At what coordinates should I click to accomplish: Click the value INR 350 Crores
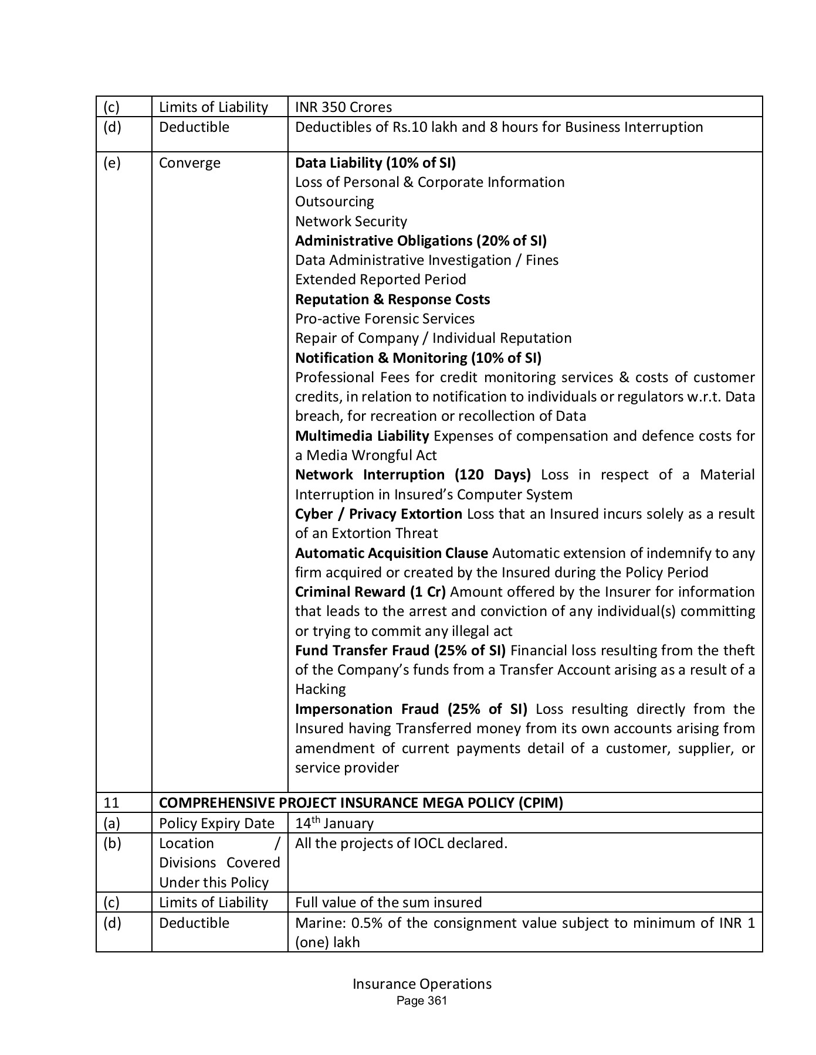point(343,107)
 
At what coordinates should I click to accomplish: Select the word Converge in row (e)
point(189,163)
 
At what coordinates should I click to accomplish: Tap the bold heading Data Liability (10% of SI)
point(375,162)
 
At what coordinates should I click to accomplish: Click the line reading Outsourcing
point(334,202)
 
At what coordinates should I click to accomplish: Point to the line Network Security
point(351,222)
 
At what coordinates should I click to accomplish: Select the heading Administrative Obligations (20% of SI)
point(421,241)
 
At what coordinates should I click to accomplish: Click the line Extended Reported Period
point(380,280)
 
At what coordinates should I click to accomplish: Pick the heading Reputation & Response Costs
point(392,300)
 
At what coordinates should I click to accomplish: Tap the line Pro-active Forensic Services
point(385,319)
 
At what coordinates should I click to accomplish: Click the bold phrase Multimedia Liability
point(362,436)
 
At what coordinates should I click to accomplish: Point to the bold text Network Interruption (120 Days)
point(412,475)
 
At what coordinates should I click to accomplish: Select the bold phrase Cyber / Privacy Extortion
point(378,514)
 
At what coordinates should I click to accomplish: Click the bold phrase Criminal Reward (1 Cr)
point(370,592)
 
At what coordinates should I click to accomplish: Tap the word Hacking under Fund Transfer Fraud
point(320,689)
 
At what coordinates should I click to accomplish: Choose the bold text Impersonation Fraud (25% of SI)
point(411,709)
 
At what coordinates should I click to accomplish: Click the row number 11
point(111,803)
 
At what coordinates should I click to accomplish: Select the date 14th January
point(334,823)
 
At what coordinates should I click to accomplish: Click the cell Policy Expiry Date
point(216,823)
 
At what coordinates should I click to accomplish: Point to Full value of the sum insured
point(388,903)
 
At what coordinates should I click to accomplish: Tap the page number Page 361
point(422,1001)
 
